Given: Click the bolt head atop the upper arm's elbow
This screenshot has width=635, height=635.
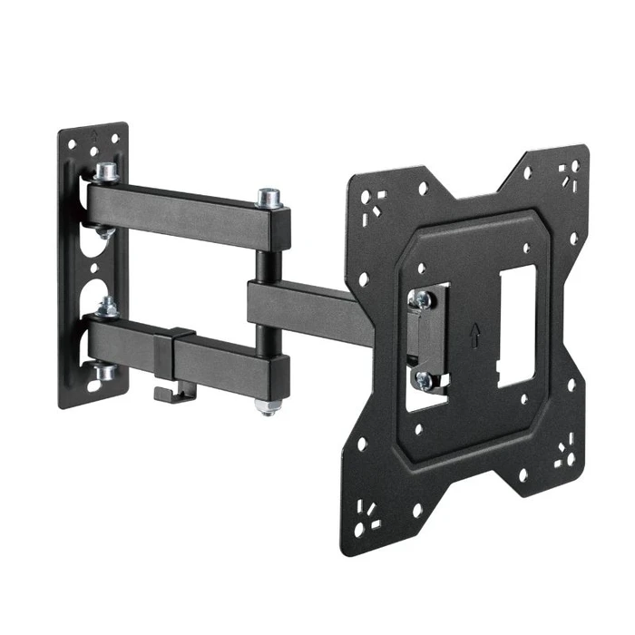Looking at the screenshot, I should coord(268,196).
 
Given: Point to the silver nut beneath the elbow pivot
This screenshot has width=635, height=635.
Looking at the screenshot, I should coord(266,405).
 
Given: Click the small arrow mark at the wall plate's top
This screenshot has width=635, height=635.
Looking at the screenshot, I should coord(95,133).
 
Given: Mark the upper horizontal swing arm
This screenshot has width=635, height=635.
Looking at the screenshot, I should coord(181,207).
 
